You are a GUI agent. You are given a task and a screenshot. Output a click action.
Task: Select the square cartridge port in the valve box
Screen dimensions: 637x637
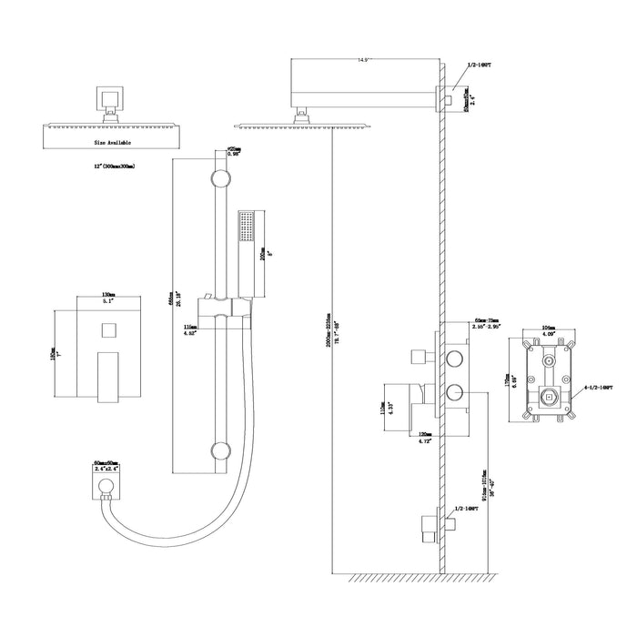[x=548, y=397]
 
